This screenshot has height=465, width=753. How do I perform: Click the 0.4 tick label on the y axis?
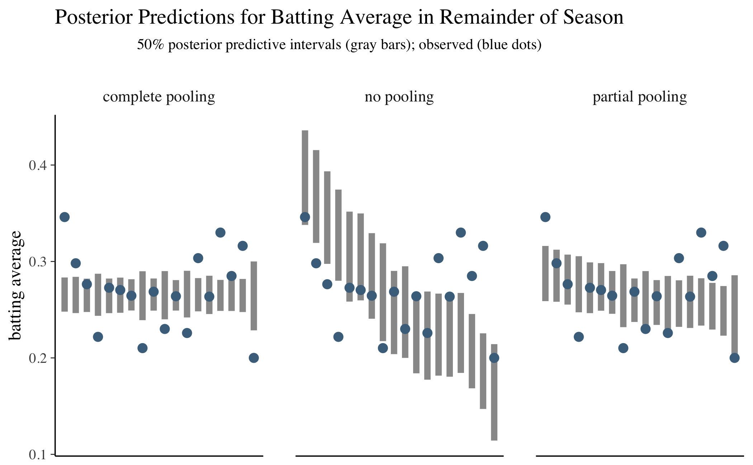tap(38, 166)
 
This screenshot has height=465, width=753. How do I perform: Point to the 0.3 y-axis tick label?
tap(38, 262)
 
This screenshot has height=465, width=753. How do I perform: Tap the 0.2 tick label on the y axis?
tap(38, 358)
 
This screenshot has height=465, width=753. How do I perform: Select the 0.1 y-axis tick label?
tap(38, 455)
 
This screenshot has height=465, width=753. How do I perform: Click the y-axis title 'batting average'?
tap(16, 285)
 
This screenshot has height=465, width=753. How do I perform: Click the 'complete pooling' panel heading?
tap(159, 97)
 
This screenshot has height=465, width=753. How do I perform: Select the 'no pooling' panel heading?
tap(399, 97)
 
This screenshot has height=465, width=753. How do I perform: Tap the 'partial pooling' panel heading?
tap(640, 97)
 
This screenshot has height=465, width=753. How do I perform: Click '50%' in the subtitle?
tap(151, 45)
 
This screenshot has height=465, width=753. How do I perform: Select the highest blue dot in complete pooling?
tap(65, 217)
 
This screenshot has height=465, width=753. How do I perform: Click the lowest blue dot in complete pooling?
tap(254, 358)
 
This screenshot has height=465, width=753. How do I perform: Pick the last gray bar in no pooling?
tap(494, 392)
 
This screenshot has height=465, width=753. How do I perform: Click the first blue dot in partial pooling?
tap(545, 217)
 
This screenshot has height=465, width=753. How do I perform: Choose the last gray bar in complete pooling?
tap(254, 296)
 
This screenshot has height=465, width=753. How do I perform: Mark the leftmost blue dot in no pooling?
tap(305, 217)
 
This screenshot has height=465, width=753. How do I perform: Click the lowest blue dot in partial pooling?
tap(734, 358)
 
